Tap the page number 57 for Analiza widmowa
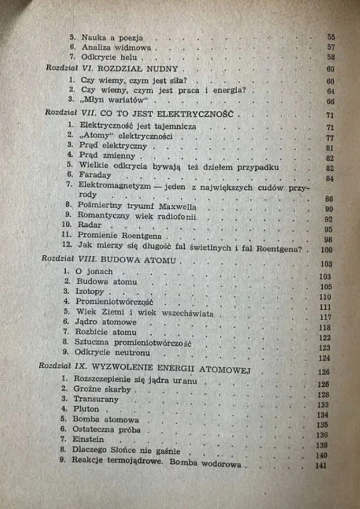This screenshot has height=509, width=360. pos(331,47)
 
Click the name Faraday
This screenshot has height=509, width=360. pos(95,175)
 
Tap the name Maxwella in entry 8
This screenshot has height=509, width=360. pos(178,206)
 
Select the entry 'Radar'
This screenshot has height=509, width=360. pos(90,225)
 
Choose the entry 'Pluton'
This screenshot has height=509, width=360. pos(86,409)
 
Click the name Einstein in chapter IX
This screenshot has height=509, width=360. pos(88,439)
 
